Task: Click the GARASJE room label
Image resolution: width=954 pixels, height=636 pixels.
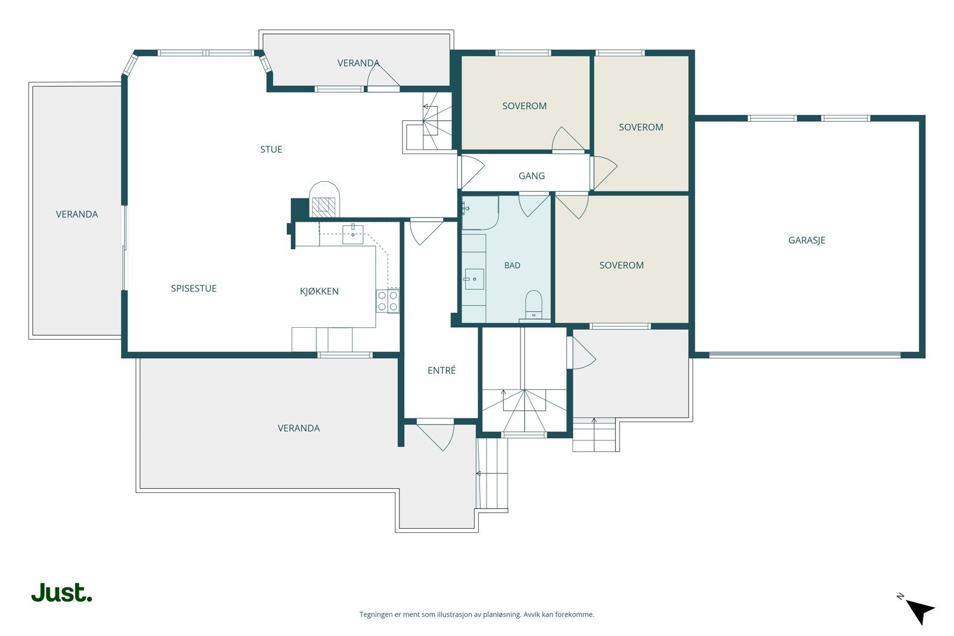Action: pyautogui.click(x=807, y=240)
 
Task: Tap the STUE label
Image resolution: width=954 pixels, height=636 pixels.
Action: pyautogui.click(x=271, y=150)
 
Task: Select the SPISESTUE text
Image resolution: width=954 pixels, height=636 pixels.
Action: pyautogui.click(x=194, y=288)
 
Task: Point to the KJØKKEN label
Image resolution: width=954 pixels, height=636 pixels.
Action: pyautogui.click(x=319, y=291)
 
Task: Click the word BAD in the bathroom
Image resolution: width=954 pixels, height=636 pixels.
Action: pyautogui.click(x=512, y=265)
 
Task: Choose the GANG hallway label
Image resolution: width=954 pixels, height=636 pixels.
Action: pyautogui.click(x=531, y=175)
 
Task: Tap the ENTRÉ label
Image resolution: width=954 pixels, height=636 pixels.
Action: pyautogui.click(x=442, y=370)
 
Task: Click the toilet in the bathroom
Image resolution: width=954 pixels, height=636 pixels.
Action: pyautogui.click(x=534, y=305)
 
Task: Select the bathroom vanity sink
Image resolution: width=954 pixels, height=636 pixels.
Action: pyautogui.click(x=473, y=280)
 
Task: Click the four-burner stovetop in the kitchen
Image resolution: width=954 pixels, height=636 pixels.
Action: pyautogui.click(x=388, y=300)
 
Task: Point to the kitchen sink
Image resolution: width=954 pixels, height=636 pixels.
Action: pyautogui.click(x=352, y=234)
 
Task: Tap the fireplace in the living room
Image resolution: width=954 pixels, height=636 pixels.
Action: pyautogui.click(x=324, y=200)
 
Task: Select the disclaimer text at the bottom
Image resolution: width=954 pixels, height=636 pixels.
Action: pyautogui.click(x=476, y=615)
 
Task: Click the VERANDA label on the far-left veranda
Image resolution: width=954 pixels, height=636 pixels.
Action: pyautogui.click(x=77, y=214)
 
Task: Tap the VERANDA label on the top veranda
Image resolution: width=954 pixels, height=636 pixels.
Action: pyautogui.click(x=358, y=63)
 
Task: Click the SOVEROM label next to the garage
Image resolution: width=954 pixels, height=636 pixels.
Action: pyautogui.click(x=640, y=127)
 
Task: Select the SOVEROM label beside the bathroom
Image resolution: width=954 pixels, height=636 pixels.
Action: pyautogui.click(x=621, y=265)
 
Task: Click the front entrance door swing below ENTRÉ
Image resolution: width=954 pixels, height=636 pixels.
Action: pyautogui.click(x=435, y=436)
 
